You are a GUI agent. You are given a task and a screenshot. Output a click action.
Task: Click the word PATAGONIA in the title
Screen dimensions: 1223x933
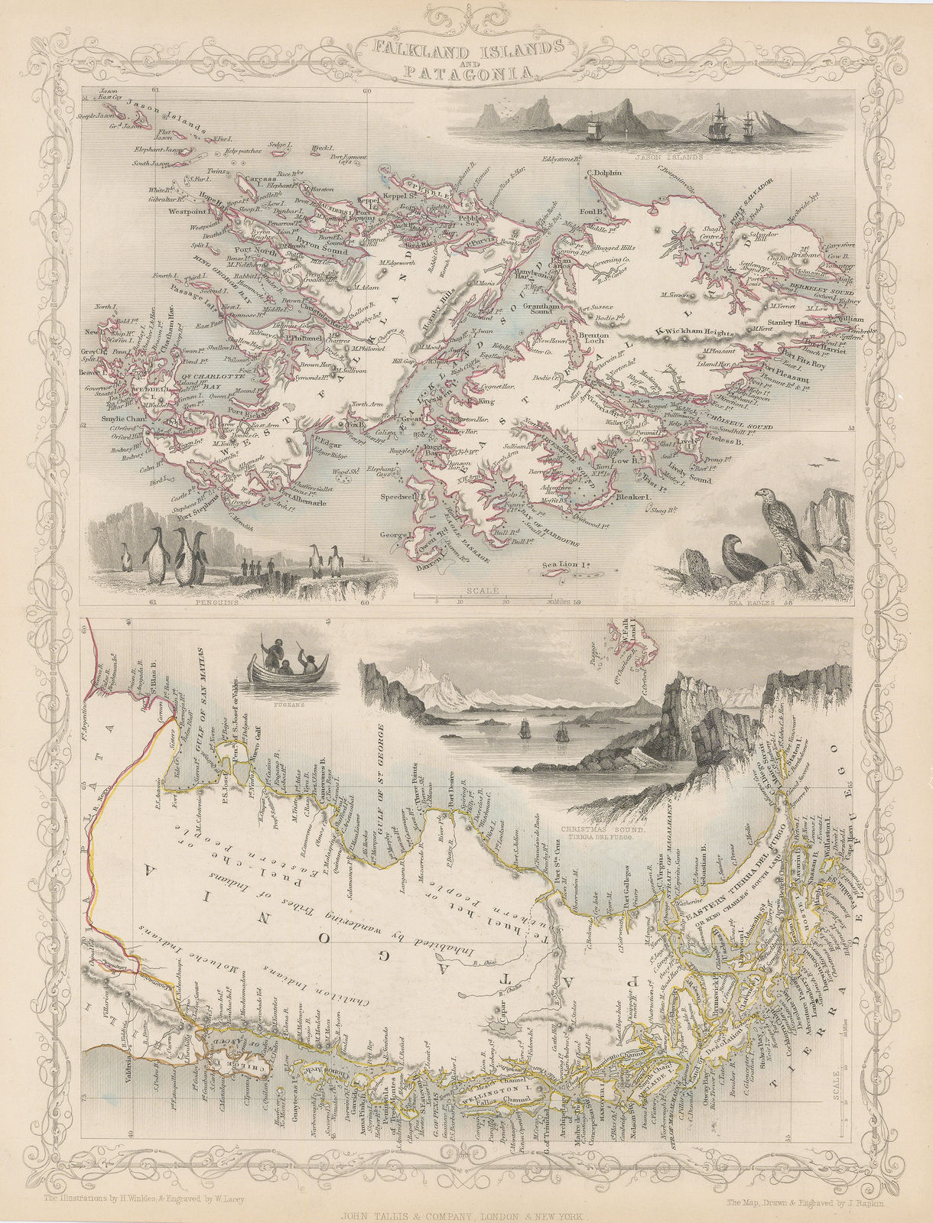point(467,73)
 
